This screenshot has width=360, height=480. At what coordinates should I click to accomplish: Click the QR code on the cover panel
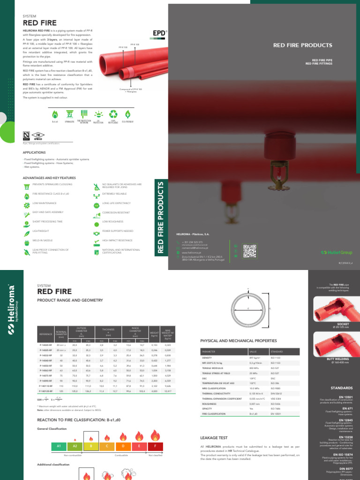coord(250,251)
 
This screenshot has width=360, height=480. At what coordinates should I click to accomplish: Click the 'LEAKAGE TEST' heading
coord(213,438)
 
